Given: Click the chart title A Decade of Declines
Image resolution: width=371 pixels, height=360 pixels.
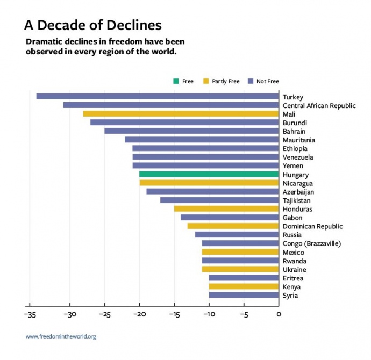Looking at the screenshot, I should pyautogui.click(x=92, y=26).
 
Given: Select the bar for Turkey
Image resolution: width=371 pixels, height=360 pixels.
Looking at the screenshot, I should pyautogui.click(x=158, y=97).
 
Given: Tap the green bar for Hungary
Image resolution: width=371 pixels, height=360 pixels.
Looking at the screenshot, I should pyautogui.click(x=209, y=174).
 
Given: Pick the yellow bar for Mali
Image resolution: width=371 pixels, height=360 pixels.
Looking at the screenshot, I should pyautogui.click(x=181, y=114).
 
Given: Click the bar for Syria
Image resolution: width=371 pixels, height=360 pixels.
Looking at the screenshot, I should pyautogui.click(x=244, y=295).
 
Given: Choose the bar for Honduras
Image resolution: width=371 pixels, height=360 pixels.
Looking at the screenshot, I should pyautogui.click(x=226, y=208).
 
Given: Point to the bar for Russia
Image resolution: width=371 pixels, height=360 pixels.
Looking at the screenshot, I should pyautogui.click(x=237, y=234).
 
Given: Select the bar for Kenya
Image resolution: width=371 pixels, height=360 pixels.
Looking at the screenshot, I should pyautogui.click(x=244, y=286).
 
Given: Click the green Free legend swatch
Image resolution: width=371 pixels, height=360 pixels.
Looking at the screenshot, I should pyautogui.click(x=176, y=81).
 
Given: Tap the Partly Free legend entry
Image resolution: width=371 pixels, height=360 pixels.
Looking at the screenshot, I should pyautogui.click(x=221, y=81).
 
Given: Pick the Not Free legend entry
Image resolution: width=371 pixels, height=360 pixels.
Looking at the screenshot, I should pyautogui.click(x=263, y=81).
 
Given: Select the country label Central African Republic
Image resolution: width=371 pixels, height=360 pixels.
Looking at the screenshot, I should pyautogui.click(x=319, y=106).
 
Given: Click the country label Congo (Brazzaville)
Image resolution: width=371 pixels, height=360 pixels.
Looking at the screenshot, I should pyautogui.click(x=311, y=243).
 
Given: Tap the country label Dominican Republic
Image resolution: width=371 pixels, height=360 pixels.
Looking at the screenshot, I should pyautogui.click(x=312, y=226).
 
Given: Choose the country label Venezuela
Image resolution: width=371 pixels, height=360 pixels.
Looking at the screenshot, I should pyautogui.click(x=298, y=157).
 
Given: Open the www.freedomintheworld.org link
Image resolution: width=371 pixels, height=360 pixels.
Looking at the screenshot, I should pyautogui.click(x=61, y=337).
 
